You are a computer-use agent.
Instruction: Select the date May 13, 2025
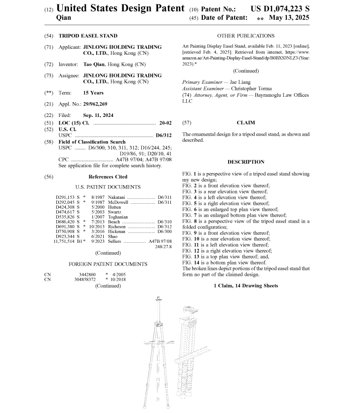tap(289, 18)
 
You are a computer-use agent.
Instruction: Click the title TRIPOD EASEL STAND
tap(88, 36)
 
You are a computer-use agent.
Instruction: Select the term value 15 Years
tap(93, 93)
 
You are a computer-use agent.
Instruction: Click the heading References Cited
tap(108, 177)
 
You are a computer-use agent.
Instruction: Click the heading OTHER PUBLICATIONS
tap(245, 36)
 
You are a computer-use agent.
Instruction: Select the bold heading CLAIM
tap(245, 122)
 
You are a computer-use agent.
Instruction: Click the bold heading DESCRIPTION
tap(245, 162)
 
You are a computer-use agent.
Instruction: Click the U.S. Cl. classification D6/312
tap(162, 135)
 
